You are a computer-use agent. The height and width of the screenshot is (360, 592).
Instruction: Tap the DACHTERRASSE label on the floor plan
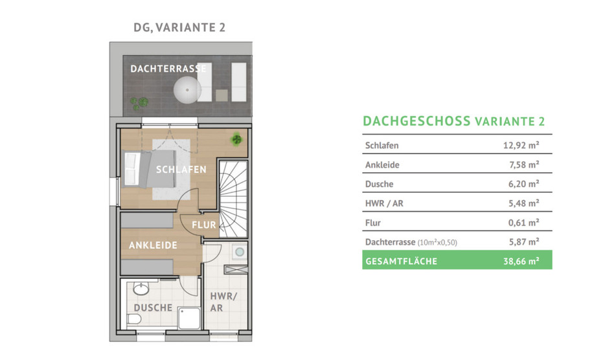(168, 69)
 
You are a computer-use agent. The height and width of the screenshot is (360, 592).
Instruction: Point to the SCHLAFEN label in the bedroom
(181, 170)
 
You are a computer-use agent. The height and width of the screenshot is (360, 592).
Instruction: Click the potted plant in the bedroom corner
(238, 137)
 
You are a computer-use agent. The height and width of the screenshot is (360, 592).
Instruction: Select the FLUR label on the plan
(203, 225)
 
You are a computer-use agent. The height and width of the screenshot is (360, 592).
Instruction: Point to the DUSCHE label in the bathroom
(153, 308)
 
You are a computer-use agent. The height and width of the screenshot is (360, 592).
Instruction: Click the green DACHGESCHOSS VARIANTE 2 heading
(453, 121)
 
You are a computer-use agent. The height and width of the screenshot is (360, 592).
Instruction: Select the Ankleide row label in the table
(382, 164)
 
